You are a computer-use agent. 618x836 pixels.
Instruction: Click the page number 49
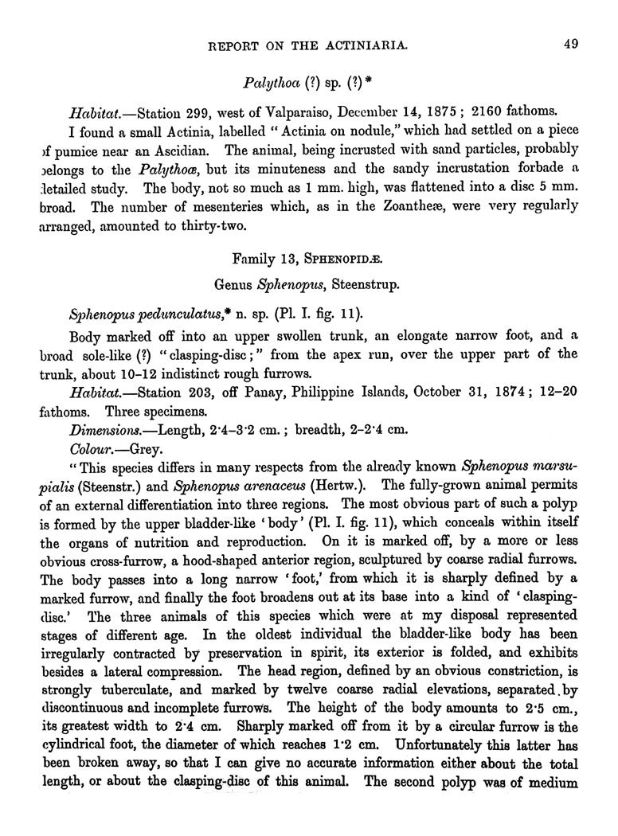tap(569, 45)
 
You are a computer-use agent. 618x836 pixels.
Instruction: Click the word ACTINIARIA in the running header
tap(356, 45)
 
